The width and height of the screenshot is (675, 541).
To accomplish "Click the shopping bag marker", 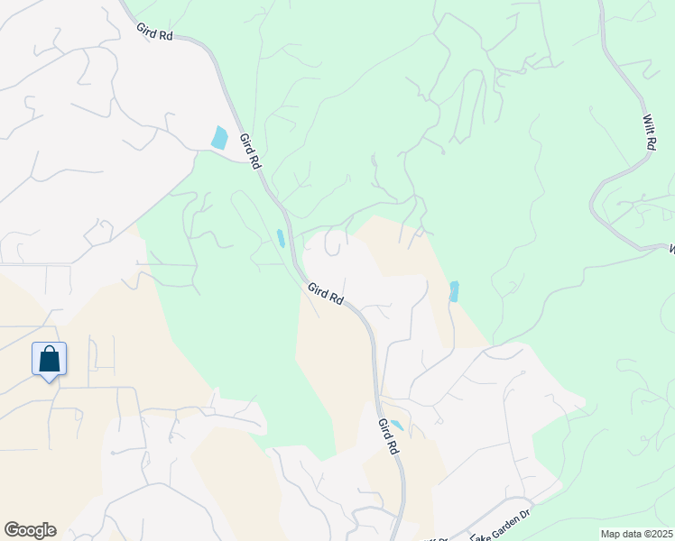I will click(x=49, y=360).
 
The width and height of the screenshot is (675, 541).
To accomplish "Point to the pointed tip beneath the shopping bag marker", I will click(x=49, y=380).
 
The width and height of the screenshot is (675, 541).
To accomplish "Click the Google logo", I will click(x=30, y=530).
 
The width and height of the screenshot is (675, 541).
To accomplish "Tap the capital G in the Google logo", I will click(x=12, y=530).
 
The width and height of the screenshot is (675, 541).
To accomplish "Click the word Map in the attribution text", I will click(x=610, y=534).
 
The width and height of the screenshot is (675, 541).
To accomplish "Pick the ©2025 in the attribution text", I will click(x=658, y=534).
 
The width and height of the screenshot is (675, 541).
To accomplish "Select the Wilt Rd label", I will click(x=649, y=132).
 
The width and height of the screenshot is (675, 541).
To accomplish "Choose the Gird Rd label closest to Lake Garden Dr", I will click(x=389, y=436).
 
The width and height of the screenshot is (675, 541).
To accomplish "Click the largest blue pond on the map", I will click(x=219, y=137).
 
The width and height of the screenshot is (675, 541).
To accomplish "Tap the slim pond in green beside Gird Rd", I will click(x=281, y=239).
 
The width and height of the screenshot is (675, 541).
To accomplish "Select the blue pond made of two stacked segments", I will click(x=454, y=291).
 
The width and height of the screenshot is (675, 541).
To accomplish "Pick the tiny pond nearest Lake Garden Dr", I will click(x=396, y=426).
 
